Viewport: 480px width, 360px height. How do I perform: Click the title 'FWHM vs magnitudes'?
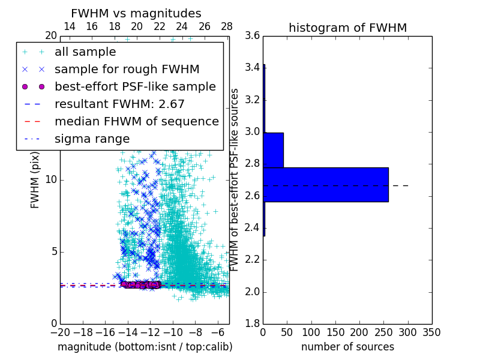[x=136, y=13]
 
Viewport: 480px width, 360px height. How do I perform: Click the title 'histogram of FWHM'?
[x=347, y=28]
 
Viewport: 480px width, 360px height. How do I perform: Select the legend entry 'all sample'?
[x=85, y=52]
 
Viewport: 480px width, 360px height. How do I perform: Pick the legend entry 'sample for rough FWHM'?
[x=127, y=70]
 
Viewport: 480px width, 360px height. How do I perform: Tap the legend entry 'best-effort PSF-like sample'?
[x=135, y=86]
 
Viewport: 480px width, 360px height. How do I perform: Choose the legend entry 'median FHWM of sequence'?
[x=136, y=121]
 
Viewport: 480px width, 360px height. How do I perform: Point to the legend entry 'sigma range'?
[x=92, y=139]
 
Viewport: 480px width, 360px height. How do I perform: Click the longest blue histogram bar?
[x=325, y=184]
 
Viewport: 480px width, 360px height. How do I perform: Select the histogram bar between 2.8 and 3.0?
[x=273, y=149]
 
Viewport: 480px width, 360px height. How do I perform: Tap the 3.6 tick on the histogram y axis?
[x=252, y=36]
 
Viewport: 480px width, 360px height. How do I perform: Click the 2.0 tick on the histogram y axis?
[x=252, y=292]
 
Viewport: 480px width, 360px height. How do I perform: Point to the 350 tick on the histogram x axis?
[x=431, y=332]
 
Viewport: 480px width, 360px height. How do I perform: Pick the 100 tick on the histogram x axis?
[x=311, y=332]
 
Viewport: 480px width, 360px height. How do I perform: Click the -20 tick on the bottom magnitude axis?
[x=60, y=332]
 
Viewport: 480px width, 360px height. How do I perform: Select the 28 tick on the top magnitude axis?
[x=227, y=26]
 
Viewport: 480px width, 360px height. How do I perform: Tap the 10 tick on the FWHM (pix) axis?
[x=51, y=180]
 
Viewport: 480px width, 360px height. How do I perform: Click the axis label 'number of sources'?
[x=347, y=347]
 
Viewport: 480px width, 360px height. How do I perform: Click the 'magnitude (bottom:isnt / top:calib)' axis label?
[x=145, y=347]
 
